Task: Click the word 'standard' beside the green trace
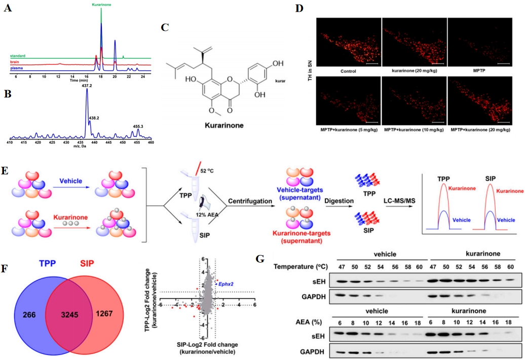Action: point(18,56)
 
